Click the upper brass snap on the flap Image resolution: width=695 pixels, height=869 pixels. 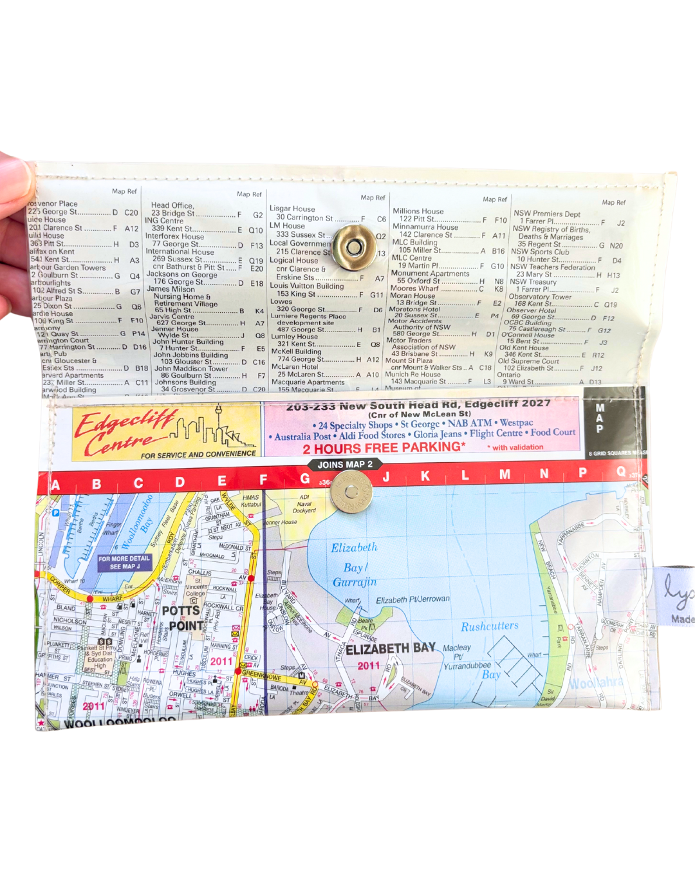click(354, 247)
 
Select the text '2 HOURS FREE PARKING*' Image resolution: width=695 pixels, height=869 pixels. click(384, 448)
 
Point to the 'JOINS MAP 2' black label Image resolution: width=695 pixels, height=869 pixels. click(344, 464)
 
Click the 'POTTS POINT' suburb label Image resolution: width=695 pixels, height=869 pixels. click(183, 618)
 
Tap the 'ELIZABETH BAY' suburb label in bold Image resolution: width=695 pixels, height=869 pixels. click(391, 648)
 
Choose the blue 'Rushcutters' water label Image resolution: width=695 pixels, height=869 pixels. click(489, 626)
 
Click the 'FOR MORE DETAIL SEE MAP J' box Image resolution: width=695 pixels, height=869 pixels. click(124, 563)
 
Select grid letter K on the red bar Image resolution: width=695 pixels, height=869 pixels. click(425, 476)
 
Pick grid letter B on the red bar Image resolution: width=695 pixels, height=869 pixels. click(97, 484)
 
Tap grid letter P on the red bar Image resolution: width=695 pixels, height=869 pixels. click(583, 473)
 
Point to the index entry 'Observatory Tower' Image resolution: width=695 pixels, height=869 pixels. click(539, 297)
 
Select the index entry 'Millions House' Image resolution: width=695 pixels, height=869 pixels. click(418, 211)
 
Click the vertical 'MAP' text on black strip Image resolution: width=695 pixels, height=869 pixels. click(600, 418)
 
